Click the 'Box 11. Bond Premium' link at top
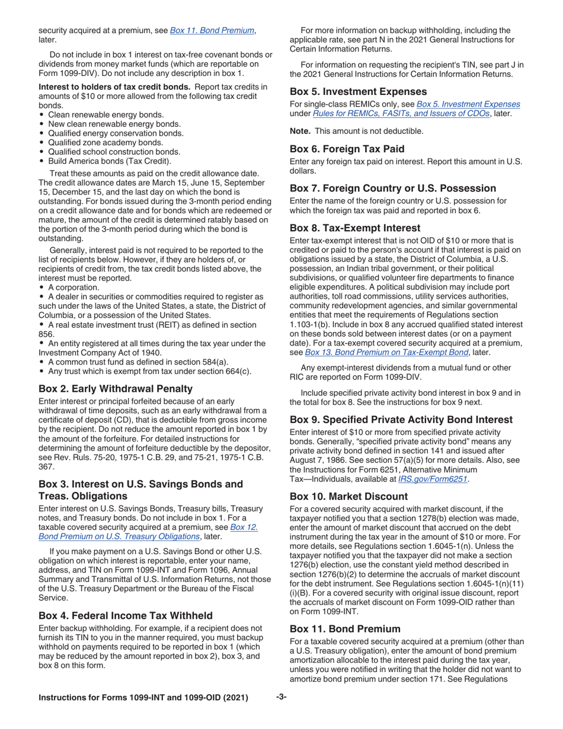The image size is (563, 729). click(x=212, y=30)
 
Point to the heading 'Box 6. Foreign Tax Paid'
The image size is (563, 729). click(x=347, y=149)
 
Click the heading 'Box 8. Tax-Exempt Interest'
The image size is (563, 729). click(x=355, y=228)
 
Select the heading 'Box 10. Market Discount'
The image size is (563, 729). click(x=348, y=497)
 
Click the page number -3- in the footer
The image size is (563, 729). click(x=281, y=698)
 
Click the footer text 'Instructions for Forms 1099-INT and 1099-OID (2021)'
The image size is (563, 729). click(x=143, y=698)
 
